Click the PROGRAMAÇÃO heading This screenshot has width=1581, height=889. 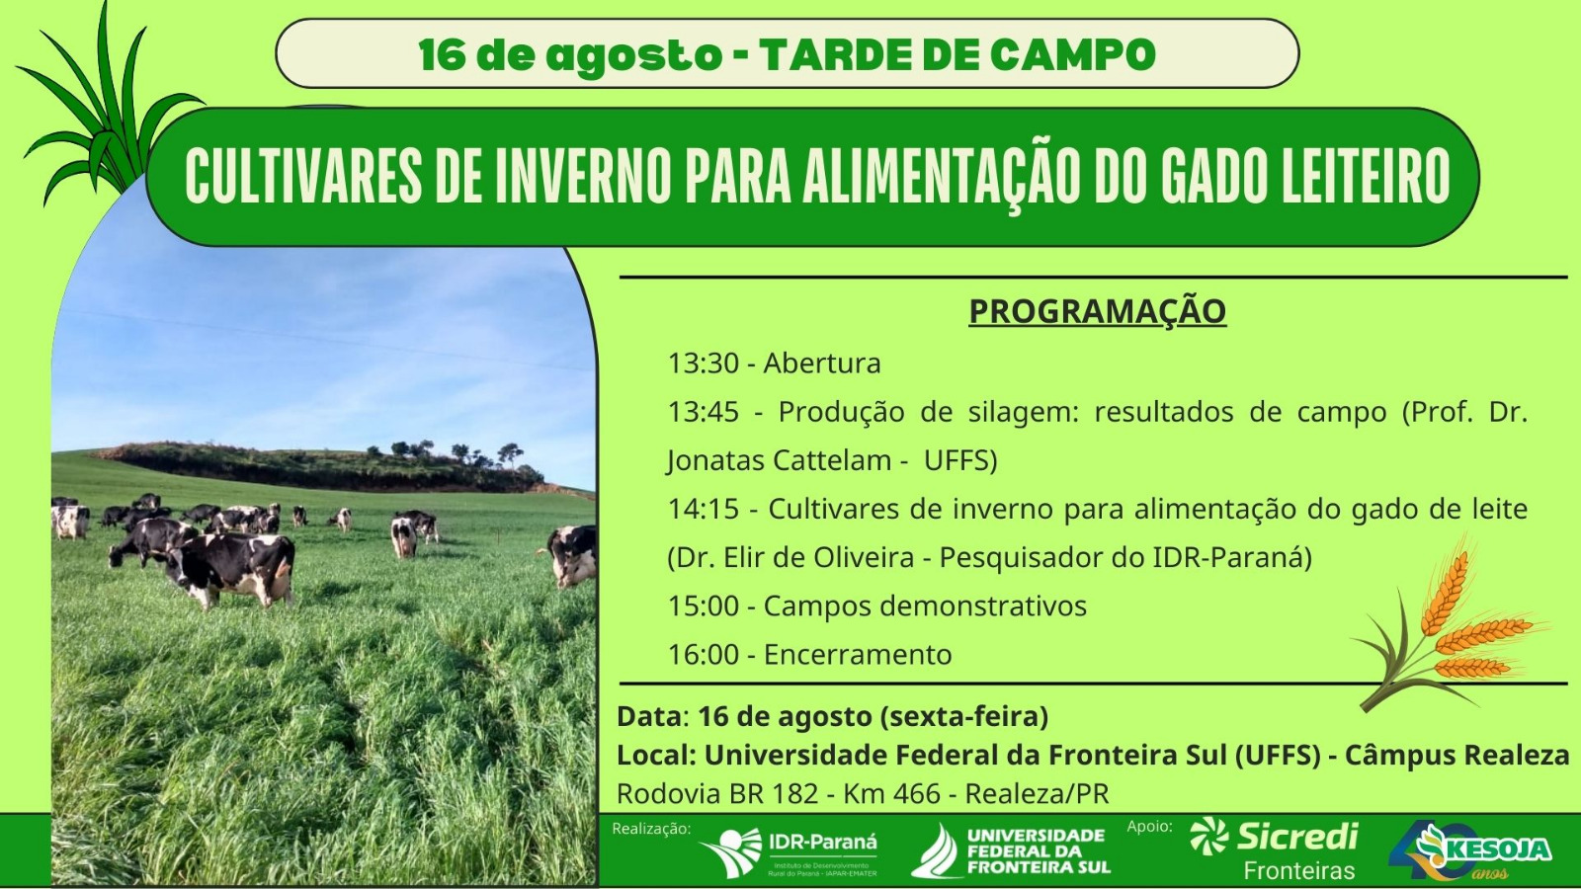1097,312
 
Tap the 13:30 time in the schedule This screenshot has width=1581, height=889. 703,364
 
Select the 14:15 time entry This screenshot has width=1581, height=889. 703,510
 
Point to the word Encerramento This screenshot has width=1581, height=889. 858,655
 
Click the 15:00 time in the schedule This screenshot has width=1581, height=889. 703,606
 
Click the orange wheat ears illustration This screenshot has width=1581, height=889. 1451,628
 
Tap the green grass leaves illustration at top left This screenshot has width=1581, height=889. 106,106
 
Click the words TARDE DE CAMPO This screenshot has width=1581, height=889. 957,55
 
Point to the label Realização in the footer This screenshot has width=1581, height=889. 651,829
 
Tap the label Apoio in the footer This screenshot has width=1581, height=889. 1150,826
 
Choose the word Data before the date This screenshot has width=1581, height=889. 649,717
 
